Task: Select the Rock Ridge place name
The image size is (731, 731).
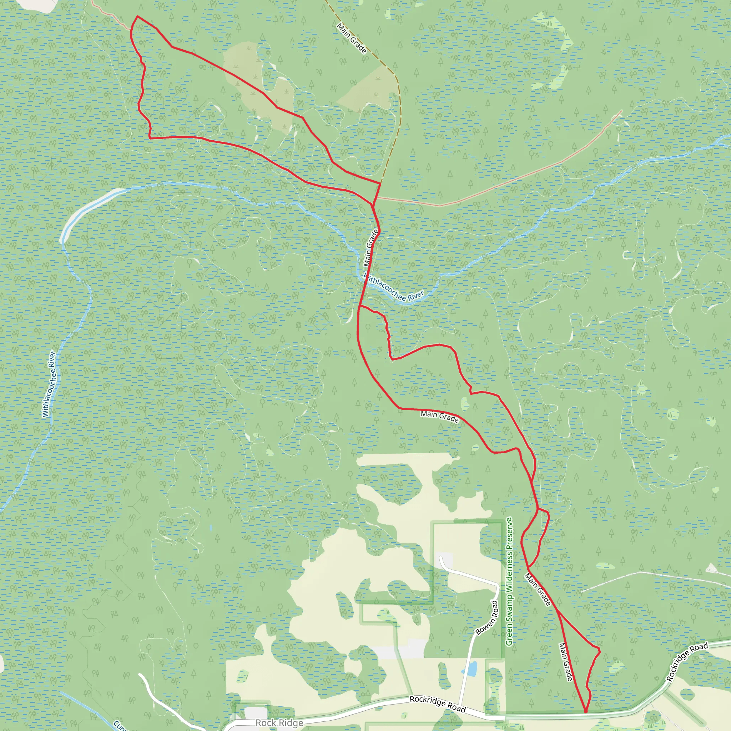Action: pos(279,723)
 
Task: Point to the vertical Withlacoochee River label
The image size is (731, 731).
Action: pos(49,384)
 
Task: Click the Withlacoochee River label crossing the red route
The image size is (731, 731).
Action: pos(393,289)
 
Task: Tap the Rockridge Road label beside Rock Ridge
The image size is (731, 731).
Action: pos(437,705)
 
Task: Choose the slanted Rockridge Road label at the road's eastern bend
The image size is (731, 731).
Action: pos(687,662)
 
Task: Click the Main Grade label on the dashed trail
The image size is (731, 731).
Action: pos(352,38)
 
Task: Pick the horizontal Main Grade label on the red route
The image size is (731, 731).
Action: pos(440,417)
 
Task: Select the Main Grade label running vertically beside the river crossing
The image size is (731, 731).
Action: pos(371,248)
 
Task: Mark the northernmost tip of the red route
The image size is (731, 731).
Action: pos(137,16)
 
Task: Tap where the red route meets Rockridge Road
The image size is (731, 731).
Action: pos(586,712)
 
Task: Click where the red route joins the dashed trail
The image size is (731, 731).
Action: pos(380,183)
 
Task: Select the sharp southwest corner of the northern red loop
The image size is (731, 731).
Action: pos(150,138)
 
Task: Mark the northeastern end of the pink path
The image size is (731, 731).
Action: pos(621,111)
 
